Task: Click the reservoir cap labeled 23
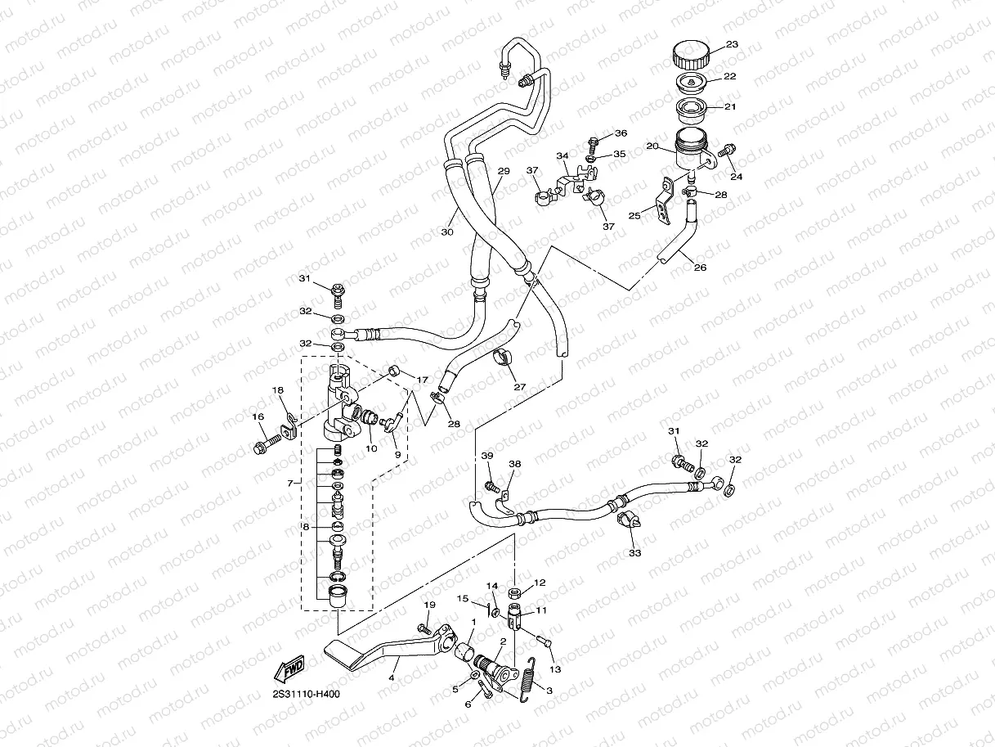[690, 54]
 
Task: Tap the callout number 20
[652, 146]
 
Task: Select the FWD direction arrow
[289, 669]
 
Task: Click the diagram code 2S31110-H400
[306, 695]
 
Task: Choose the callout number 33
[634, 553]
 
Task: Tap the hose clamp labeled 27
[503, 358]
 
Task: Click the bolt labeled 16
[267, 444]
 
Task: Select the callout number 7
[290, 484]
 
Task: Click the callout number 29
[504, 171]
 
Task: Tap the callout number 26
[701, 268]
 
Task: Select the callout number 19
[430, 605]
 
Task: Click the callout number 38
[515, 464]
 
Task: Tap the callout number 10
[371, 448]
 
